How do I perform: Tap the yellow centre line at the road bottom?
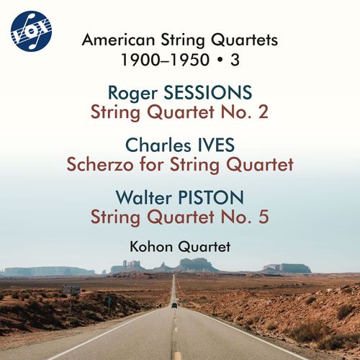[x=176, y=353]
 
